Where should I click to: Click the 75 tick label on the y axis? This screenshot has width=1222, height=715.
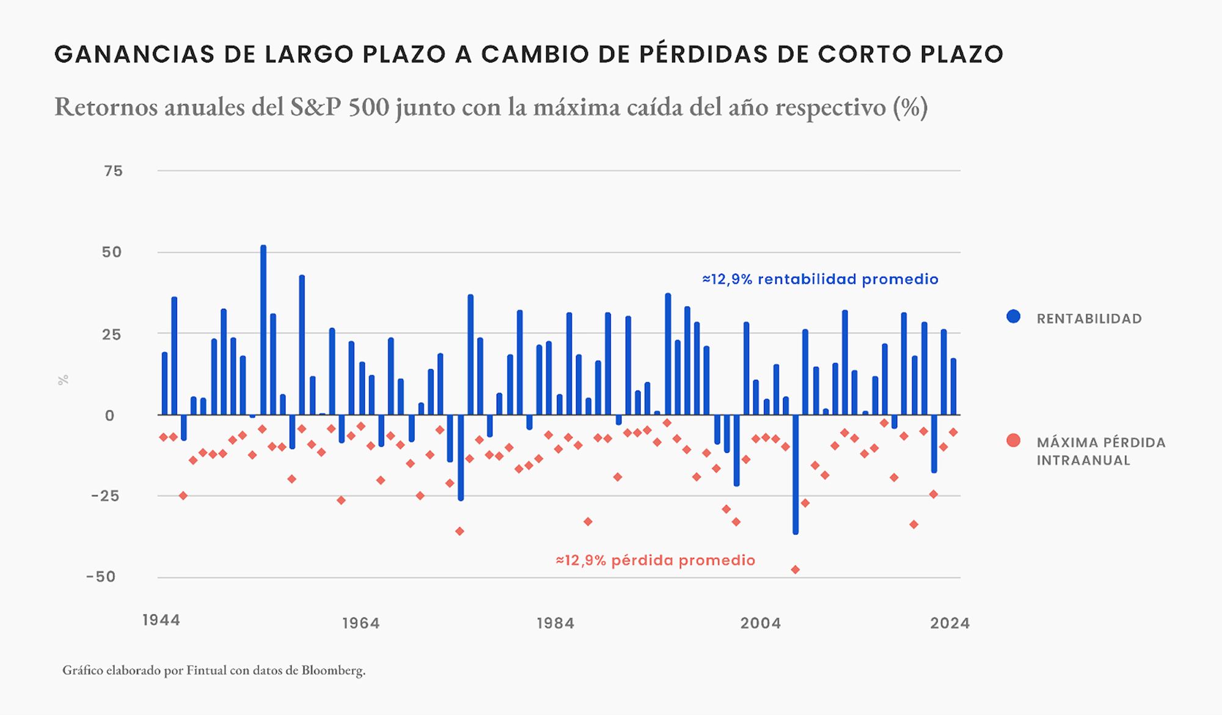click(x=113, y=171)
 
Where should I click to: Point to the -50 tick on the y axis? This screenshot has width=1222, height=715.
click(x=101, y=577)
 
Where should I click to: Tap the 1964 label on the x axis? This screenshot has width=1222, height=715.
click(x=360, y=623)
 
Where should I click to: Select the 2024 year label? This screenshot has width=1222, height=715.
click(x=949, y=623)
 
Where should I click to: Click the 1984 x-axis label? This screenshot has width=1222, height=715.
click(x=555, y=623)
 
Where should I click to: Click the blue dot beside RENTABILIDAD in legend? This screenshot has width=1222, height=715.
click(x=1013, y=317)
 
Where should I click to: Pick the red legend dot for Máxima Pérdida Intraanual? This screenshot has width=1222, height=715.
click(x=1013, y=441)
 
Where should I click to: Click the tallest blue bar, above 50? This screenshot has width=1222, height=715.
click(x=263, y=330)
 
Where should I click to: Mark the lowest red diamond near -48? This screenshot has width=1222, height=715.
click(x=795, y=570)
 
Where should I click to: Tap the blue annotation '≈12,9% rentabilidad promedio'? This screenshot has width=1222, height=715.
click(x=820, y=279)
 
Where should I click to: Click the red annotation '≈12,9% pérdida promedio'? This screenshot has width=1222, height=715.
click(x=655, y=560)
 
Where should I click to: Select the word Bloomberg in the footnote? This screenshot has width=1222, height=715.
click(x=332, y=670)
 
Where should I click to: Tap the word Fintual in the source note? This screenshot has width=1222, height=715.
click(x=207, y=670)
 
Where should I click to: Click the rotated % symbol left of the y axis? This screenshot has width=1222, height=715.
click(x=63, y=380)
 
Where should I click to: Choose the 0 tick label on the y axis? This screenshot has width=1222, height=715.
click(x=109, y=416)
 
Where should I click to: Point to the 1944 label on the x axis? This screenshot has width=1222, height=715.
click(x=161, y=620)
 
